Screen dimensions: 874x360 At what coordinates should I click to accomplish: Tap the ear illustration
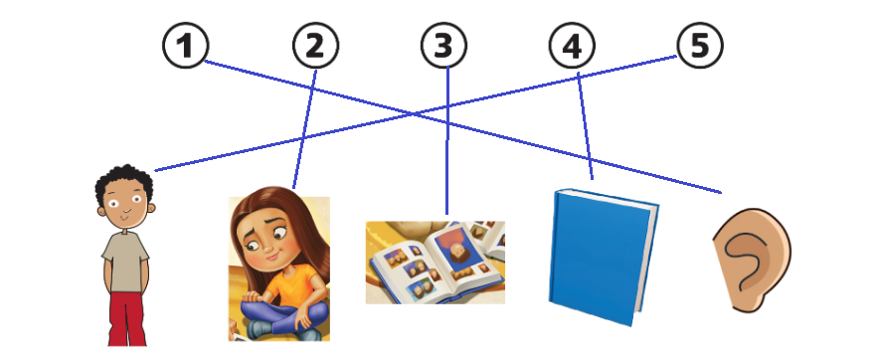pyautogui.click(x=752, y=260)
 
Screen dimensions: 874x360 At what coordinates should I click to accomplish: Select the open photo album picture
pyautogui.click(x=436, y=263)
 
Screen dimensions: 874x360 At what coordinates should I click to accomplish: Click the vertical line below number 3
pyautogui.click(x=447, y=140)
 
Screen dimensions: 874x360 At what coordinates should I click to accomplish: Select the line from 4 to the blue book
pyautogui.click(x=585, y=126)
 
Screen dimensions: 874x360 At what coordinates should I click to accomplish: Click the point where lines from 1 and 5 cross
pyautogui.click(x=414, y=114)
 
